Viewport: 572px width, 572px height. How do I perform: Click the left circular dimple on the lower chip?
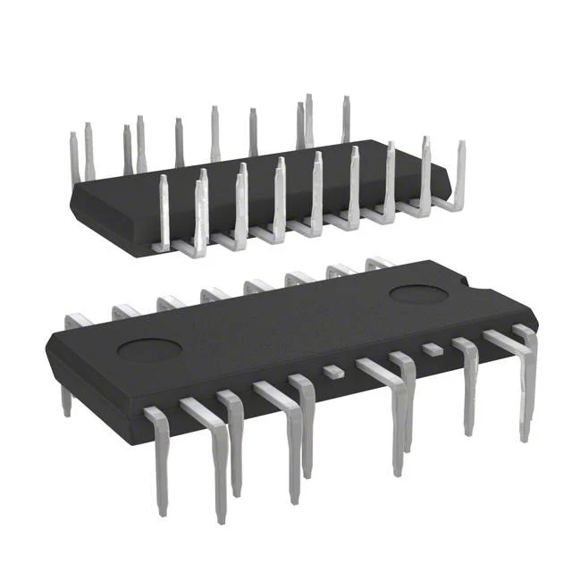point(149,349)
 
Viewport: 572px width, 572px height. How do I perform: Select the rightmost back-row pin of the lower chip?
point(379,263)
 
